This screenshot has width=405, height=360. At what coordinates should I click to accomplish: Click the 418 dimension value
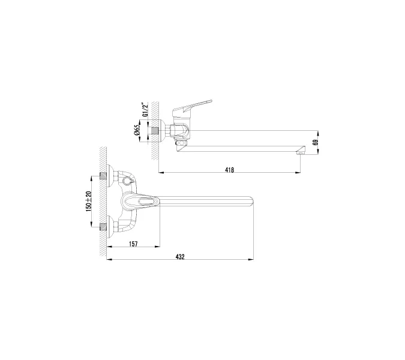coord(229,170)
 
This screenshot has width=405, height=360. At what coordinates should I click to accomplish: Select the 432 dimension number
coord(180,257)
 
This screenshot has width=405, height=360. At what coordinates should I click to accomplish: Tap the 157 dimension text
coord(133,244)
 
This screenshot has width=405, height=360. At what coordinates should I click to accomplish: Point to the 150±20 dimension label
coord(89,202)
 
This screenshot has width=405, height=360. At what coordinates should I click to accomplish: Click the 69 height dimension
coord(315,143)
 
